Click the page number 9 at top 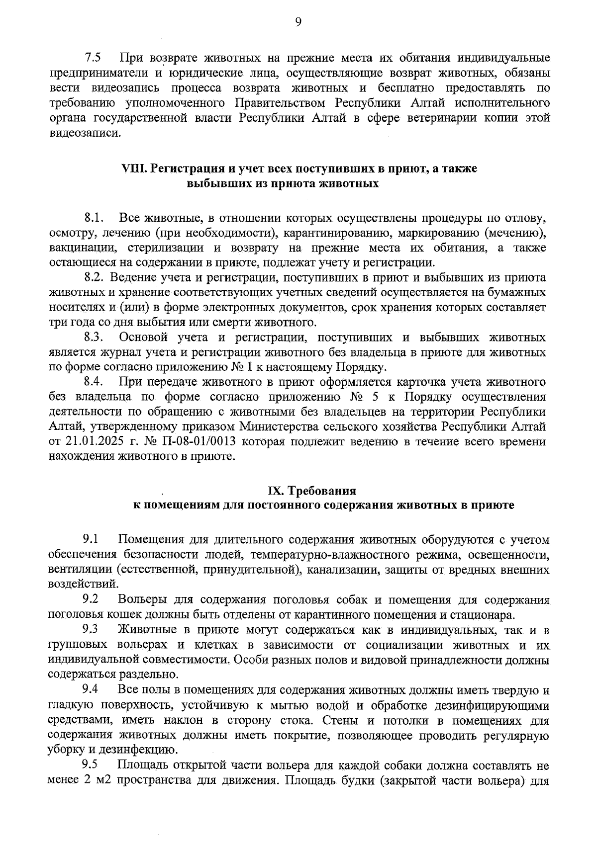[298, 21]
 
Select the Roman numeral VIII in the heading [133, 169]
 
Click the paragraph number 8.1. [93, 218]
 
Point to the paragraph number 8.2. [93, 277]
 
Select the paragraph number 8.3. [93, 338]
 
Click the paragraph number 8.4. [93, 382]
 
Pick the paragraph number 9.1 [91, 539]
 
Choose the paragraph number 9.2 [91, 599]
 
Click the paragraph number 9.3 [91, 630]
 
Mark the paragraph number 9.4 [91, 690]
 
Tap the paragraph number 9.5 [91, 764]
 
